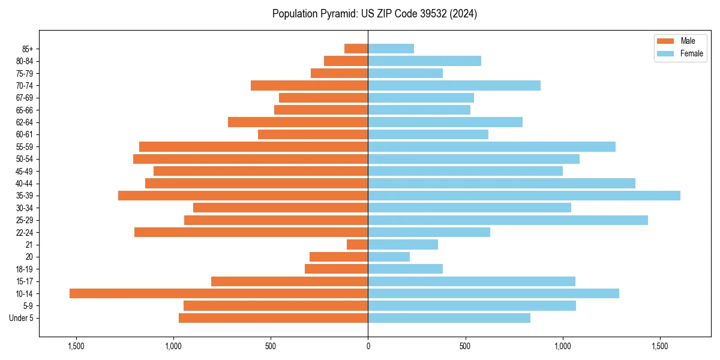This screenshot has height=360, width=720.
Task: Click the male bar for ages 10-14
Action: tap(218, 293)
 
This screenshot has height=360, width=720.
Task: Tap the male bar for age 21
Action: tap(357, 244)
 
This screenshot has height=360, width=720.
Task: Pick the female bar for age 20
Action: tap(389, 257)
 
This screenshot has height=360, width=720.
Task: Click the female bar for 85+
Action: tap(391, 49)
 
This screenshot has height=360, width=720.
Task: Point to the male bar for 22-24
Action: tap(251, 232)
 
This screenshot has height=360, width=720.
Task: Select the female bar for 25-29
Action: tap(508, 220)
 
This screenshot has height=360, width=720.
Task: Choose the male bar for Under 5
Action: tap(273, 318)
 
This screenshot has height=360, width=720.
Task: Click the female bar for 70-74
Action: tap(454, 85)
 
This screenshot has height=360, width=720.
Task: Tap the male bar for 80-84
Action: tap(346, 61)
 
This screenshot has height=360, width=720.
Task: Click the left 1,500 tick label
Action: tap(76, 347)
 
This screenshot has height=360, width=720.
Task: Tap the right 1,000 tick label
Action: tap(563, 347)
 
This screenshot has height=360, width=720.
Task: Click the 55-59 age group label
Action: tap(24, 146)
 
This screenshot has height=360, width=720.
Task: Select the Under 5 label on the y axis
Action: tap(21, 318)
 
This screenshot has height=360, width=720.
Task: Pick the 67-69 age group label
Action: tap(24, 98)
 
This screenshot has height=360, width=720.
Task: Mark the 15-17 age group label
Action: tap(24, 281)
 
